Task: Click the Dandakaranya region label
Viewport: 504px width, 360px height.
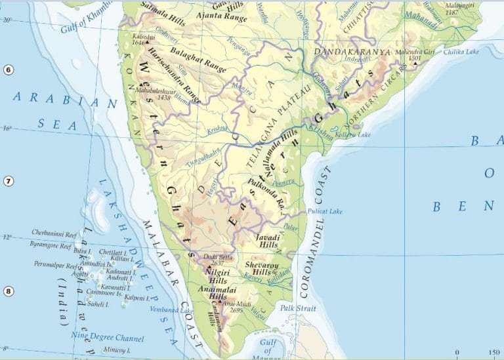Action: pos(352,52)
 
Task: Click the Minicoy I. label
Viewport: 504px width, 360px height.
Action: pos(105,351)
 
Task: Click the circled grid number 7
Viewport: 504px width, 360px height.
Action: pos(7,180)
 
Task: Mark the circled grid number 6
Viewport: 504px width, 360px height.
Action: pos(7,70)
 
